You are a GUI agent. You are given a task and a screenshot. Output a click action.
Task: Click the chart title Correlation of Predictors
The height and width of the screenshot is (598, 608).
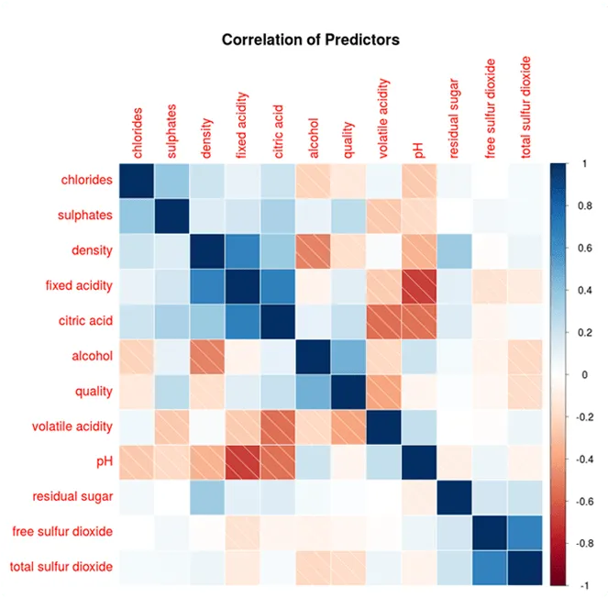click(x=311, y=40)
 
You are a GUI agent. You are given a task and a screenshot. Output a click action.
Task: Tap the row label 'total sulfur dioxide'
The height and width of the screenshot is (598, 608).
click(x=61, y=567)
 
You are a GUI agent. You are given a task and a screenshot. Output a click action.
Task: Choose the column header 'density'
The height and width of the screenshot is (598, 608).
click(x=207, y=138)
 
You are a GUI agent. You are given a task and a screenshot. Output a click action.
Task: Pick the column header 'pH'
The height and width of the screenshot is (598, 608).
click(x=419, y=149)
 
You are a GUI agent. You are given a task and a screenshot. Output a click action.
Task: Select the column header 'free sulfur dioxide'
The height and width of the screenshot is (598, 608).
click(x=490, y=109)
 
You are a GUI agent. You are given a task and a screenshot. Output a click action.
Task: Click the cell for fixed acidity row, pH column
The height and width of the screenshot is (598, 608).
click(x=419, y=285)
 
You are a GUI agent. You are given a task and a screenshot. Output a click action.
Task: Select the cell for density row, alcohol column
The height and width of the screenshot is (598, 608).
click(x=314, y=249)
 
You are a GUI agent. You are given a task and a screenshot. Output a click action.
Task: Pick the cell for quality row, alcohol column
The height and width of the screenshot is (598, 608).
click(x=314, y=391)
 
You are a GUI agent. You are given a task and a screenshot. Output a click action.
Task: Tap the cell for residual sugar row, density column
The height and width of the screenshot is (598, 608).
click(x=207, y=496)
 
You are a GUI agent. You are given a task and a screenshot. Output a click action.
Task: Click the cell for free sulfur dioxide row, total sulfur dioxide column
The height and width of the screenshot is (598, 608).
click(x=525, y=532)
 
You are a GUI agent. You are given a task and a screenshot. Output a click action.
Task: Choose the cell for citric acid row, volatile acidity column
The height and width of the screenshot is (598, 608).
click(x=384, y=320)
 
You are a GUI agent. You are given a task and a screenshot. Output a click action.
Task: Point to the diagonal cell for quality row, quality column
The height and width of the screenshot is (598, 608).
click(x=348, y=391)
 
